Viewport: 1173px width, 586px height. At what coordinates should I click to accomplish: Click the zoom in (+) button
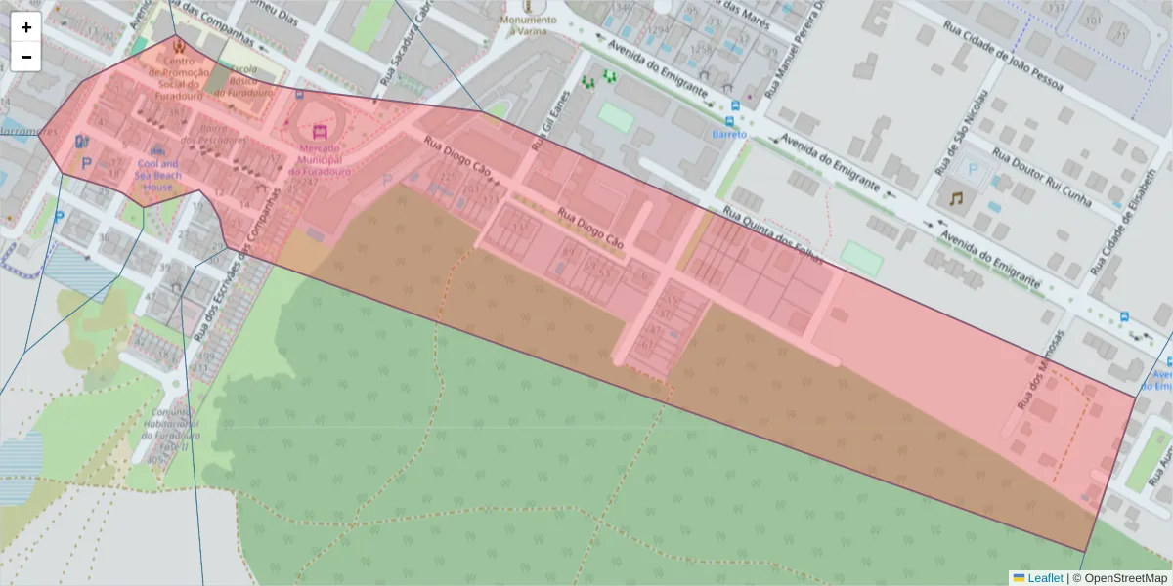(x=26, y=27)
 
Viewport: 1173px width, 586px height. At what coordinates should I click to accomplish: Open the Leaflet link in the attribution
(x=1044, y=578)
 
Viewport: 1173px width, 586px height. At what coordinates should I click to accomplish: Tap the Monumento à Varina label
(x=528, y=24)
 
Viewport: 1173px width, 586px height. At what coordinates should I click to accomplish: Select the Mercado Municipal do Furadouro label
(x=319, y=160)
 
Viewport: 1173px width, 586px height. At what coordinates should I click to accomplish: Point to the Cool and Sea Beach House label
(x=158, y=176)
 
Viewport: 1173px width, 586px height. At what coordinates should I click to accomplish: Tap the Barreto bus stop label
(x=729, y=134)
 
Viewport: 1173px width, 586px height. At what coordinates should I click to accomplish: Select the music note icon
(x=955, y=198)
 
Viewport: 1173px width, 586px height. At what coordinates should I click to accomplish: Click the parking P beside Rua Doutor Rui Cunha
(x=972, y=169)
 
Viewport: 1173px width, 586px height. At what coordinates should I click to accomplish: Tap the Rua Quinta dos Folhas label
(x=771, y=235)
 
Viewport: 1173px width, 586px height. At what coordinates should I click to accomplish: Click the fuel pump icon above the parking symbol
(x=80, y=141)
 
